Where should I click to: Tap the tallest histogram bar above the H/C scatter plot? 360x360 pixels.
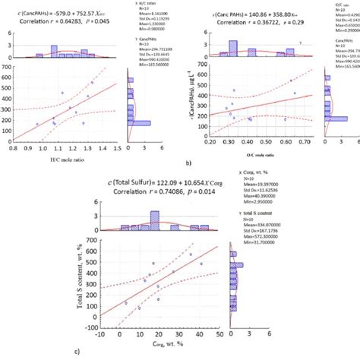point(55,51)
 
